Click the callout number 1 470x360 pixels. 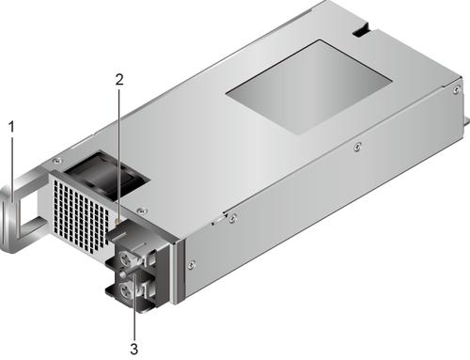pos(11,127)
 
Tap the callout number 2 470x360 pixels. pos(119,80)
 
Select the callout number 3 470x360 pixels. pos(134,349)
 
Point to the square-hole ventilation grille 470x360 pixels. pos(80,216)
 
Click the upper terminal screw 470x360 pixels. pos(126,260)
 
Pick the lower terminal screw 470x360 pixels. pos(127,289)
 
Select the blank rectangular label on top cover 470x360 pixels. pos(308,87)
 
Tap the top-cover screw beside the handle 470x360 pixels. pos(56,161)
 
